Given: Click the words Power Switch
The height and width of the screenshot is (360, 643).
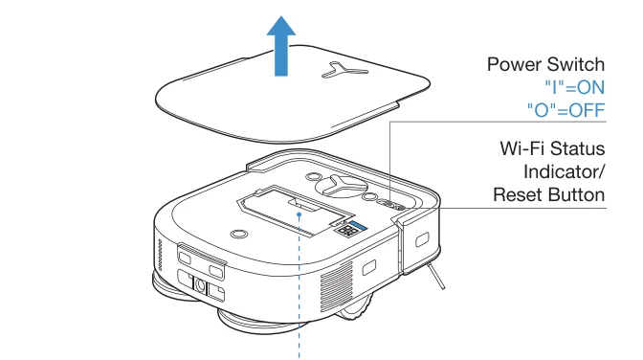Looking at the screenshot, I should point(546,65).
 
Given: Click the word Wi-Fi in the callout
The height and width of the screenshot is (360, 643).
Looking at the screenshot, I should point(521,150).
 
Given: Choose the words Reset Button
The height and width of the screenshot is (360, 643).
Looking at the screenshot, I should point(549,194).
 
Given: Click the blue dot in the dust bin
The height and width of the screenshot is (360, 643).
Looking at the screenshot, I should point(301,215).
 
